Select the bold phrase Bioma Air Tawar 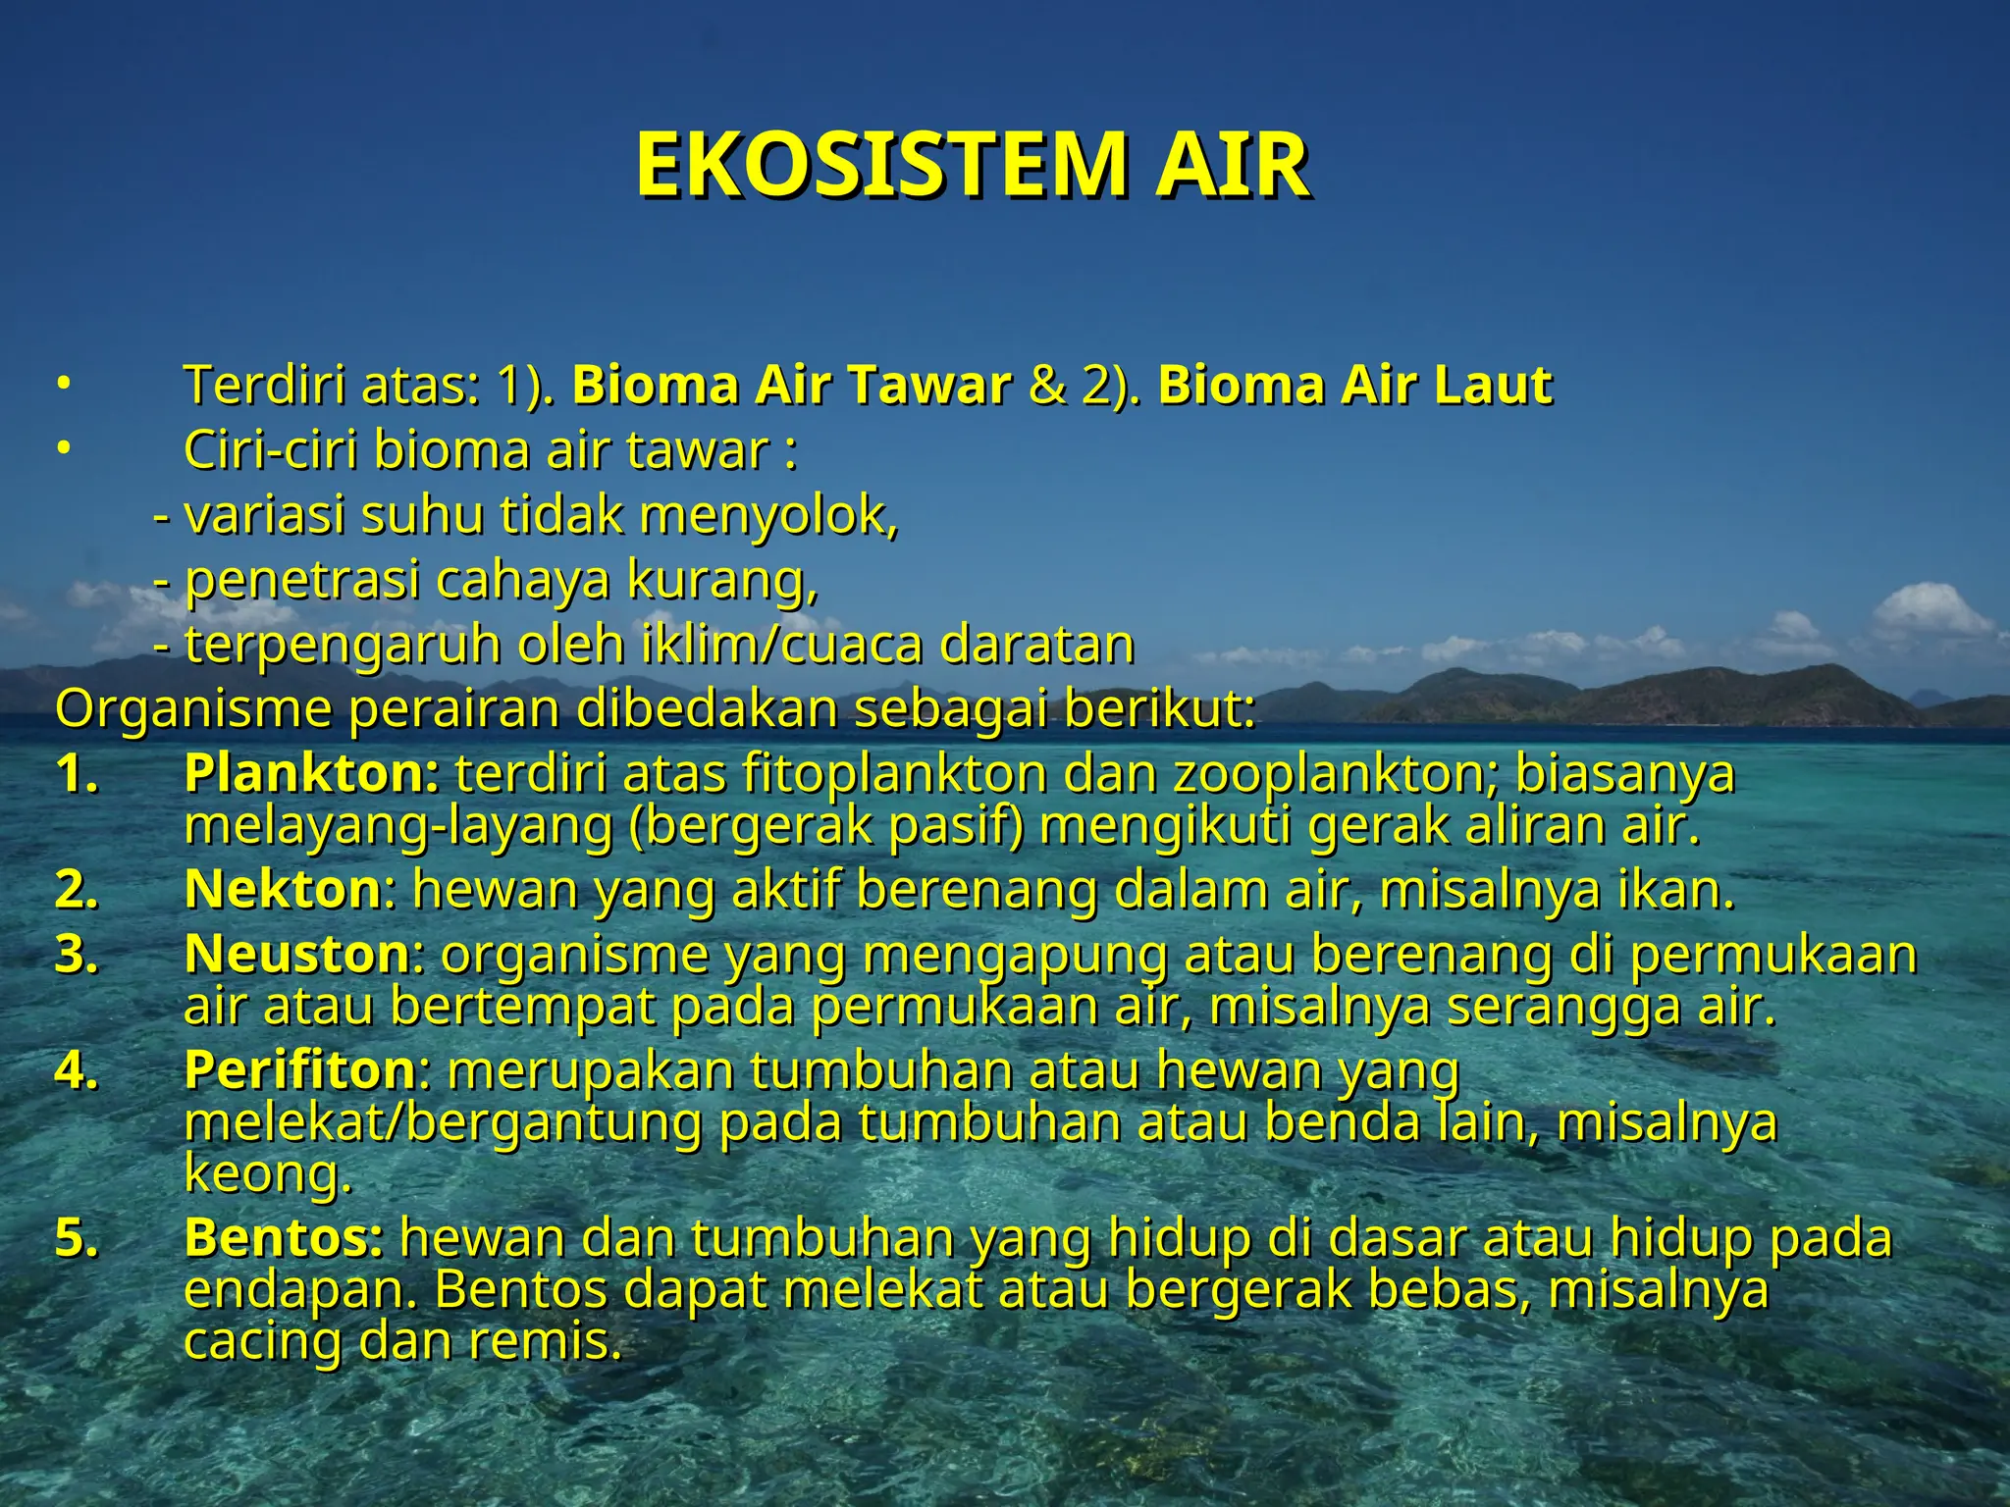[x=791, y=385]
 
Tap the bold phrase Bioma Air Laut [x=1355, y=385]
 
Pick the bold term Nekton [x=283, y=890]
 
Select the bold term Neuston [x=296, y=954]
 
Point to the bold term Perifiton [x=300, y=1069]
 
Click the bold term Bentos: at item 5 [x=284, y=1238]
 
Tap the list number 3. [x=77, y=954]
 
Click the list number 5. [x=77, y=1238]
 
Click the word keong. [x=268, y=1173]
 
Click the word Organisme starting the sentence [x=193, y=709]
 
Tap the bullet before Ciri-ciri [x=62, y=449]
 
